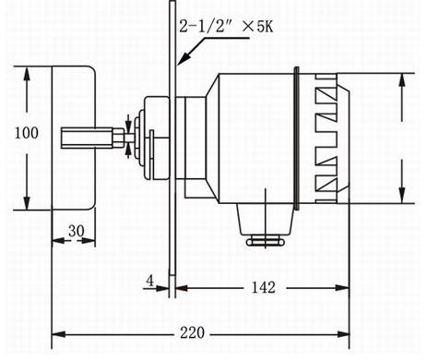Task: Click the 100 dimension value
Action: (27, 133)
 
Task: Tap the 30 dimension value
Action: (77, 231)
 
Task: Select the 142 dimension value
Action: (264, 287)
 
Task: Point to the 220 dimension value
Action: (192, 333)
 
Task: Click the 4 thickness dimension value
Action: (149, 281)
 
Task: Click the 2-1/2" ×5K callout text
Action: (226, 26)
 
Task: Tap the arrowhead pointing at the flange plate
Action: (184, 58)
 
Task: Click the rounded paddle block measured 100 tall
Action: (74, 138)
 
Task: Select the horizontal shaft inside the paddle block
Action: (92, 138)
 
